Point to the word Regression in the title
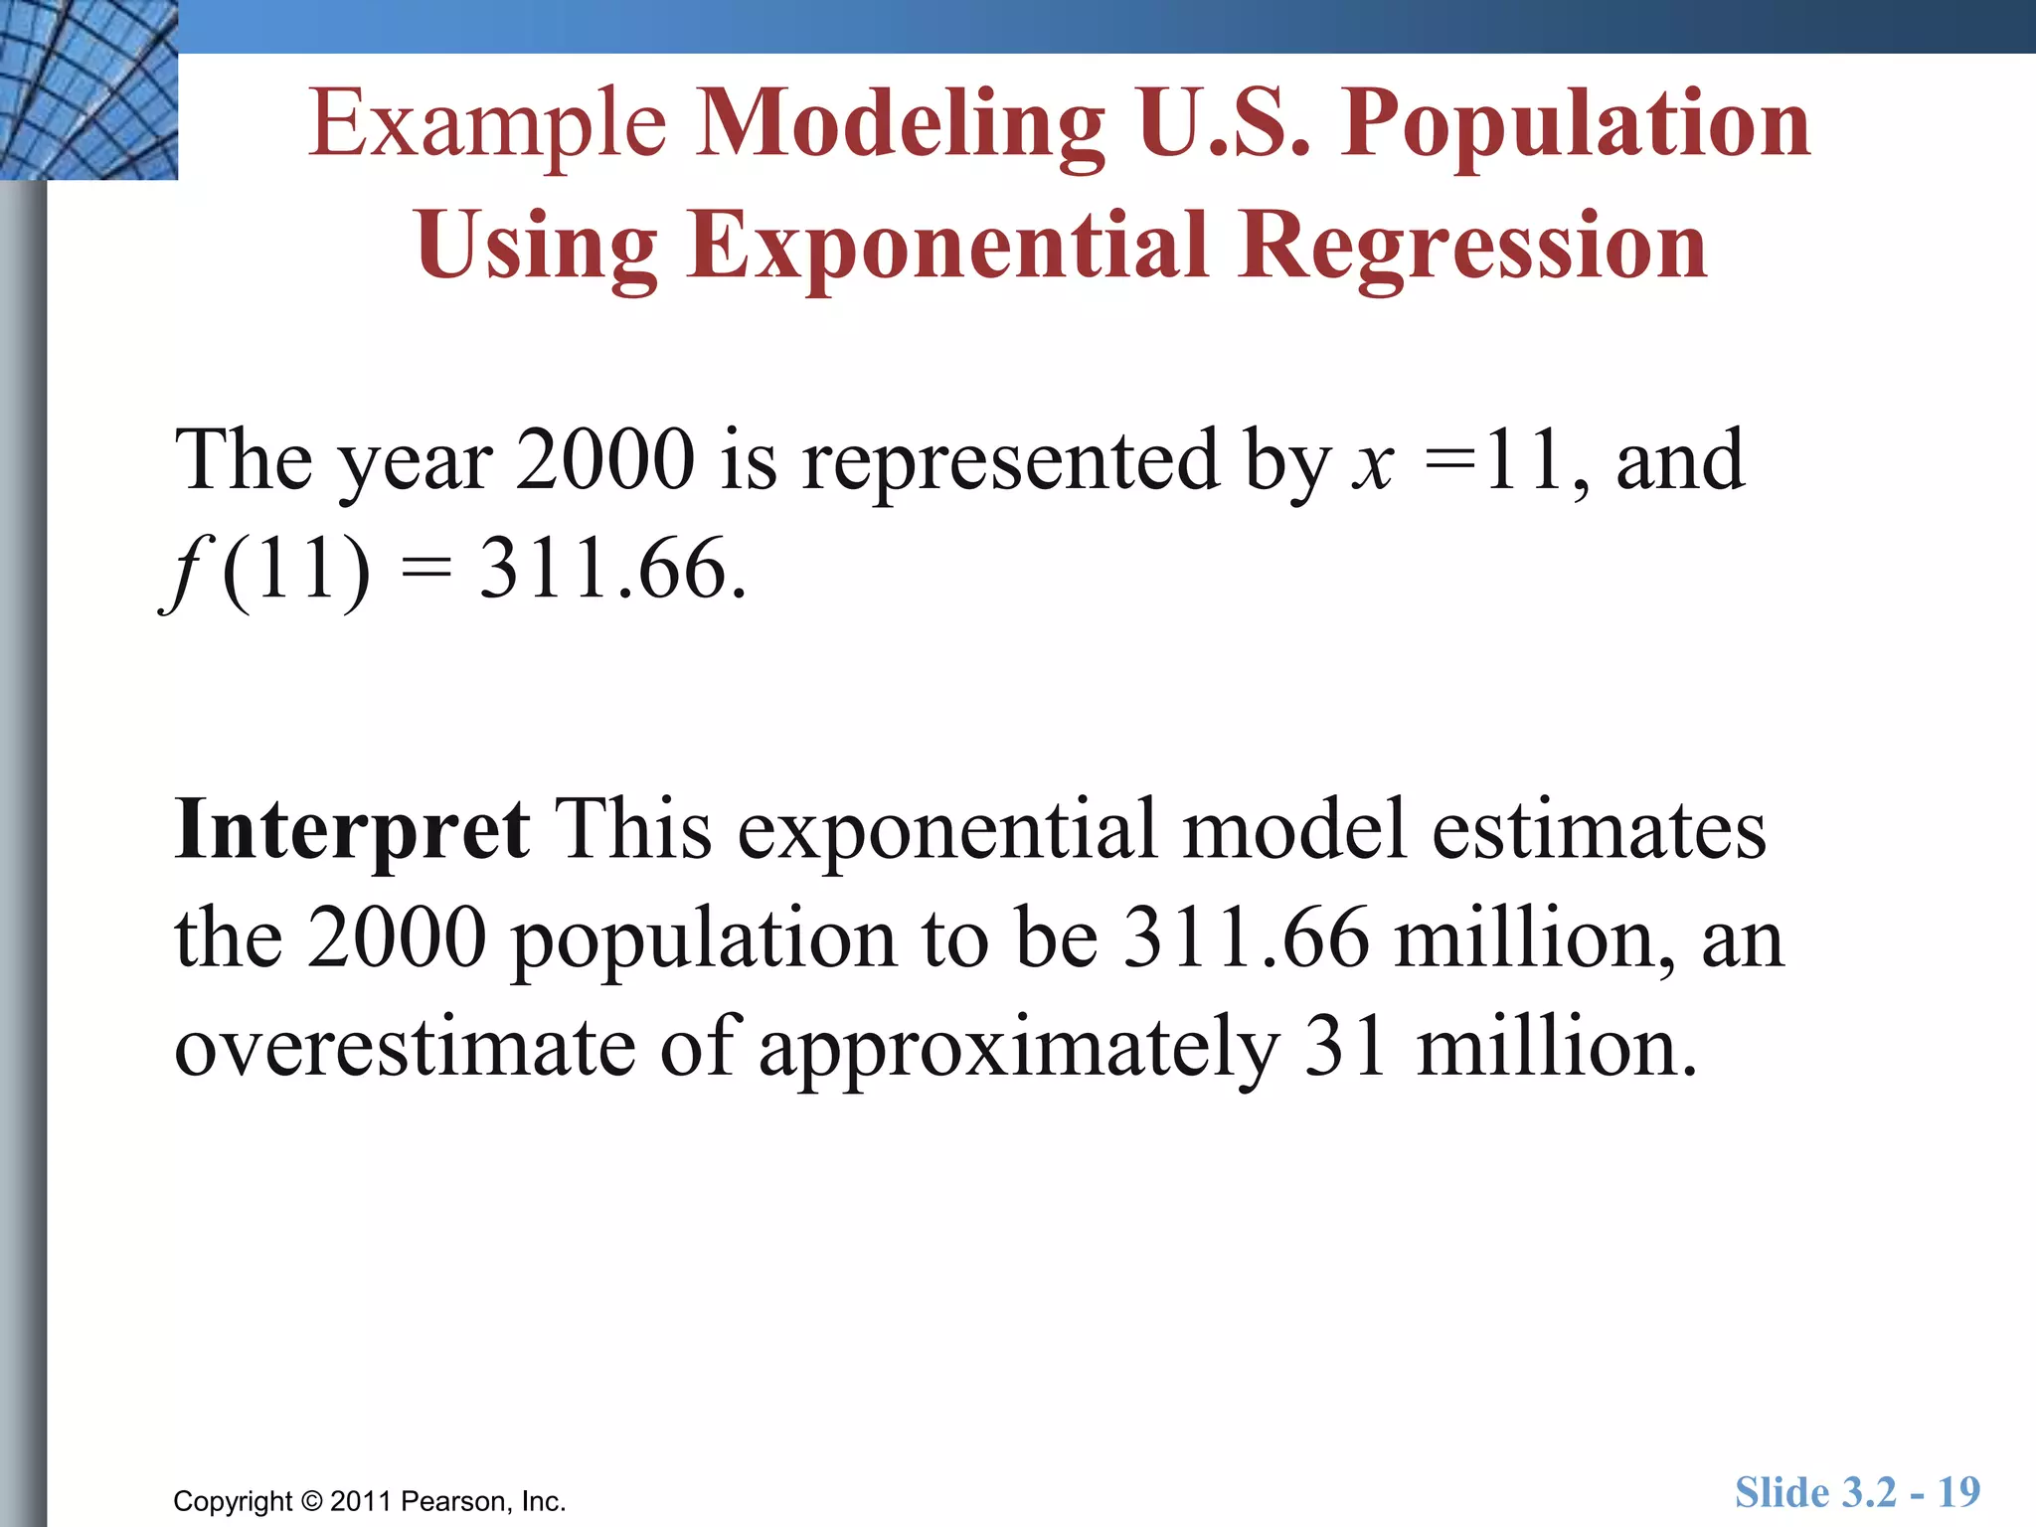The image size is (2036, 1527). [x=1473, y=246]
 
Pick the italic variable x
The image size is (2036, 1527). [x=1373, y=461]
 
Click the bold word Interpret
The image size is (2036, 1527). [x=352, y=829]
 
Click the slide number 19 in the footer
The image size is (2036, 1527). [x=1958, y=1492]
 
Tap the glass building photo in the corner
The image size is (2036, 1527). [x=88, y=89]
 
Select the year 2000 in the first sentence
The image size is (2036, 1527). [x=604, y=461]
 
